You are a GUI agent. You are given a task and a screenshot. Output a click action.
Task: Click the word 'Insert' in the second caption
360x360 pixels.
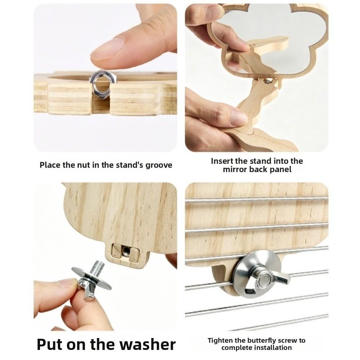(x=222, y=161)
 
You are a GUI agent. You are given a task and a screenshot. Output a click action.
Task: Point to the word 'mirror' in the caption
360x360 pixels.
(x=235, y=170)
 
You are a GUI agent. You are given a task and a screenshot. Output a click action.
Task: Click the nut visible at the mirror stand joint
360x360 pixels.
(x=267, y=80)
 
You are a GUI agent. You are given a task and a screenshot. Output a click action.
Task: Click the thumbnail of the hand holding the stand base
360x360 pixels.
(x=239, y=117)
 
